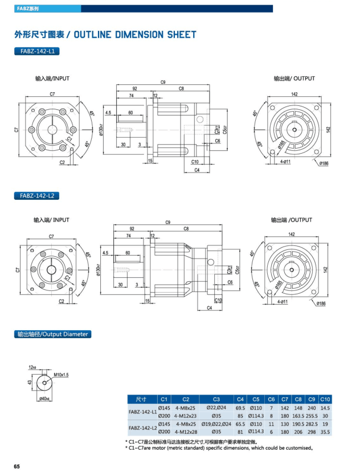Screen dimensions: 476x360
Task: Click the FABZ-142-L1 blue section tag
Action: click(x=36, y=51)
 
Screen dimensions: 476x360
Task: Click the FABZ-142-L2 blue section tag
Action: click(x=36, y=196)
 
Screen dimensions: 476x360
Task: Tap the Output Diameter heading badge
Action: click(x=52, y=334)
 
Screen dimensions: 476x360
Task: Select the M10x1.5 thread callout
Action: click(x=62, y=375)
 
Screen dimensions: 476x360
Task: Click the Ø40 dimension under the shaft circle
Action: click(x=43, y=399)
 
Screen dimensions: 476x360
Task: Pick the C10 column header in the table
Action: click(x=325, y=399)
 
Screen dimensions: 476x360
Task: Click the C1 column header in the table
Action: click(x=164, y=399)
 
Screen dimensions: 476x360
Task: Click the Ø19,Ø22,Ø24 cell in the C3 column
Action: click(x=216, y=424)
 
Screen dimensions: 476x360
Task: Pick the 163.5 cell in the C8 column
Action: click(x=298, y=416)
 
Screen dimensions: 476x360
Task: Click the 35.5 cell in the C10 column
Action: click(x=325, y=433)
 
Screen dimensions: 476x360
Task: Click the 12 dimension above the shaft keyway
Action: click(x=32, y=368)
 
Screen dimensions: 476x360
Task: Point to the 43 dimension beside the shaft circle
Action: click(x=29, y=382)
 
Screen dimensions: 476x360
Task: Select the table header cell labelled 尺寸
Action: click(x=141, y=399)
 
